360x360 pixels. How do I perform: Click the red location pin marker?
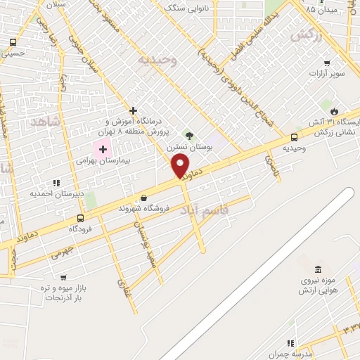[181, 167]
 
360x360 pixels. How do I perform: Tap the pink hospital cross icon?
[103, 148]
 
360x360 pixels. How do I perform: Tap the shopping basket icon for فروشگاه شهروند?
[144, 198]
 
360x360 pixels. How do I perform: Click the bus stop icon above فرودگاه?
[80, 218]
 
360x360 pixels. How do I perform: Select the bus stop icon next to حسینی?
[13, 41]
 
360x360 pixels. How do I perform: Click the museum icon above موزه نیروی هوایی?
[319, 271]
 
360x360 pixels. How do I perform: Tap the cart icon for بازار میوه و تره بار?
[64, 278]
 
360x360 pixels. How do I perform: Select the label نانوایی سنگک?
[184, 8]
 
